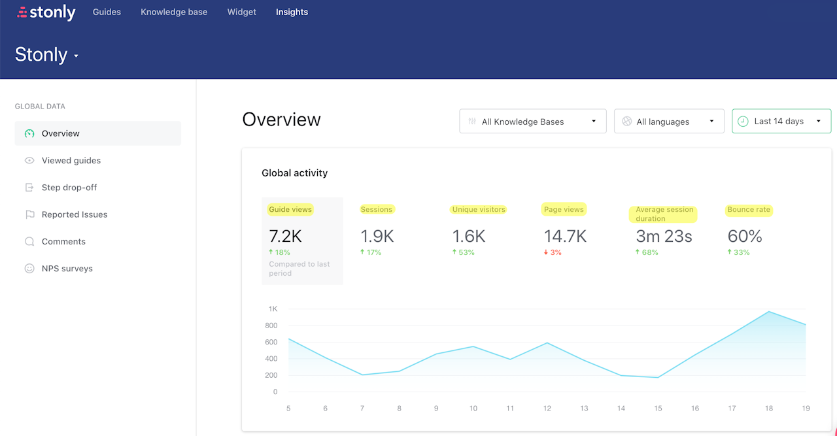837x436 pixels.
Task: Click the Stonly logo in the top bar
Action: (x=46, y=12)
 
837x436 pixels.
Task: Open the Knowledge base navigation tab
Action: (x=174, y=12)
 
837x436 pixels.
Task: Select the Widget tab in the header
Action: (x=241, y=12)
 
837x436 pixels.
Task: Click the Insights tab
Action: (x=292, y=12)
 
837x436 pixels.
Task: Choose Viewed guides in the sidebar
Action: (x=71, y=160)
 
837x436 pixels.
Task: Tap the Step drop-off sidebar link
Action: (x=69, y=188)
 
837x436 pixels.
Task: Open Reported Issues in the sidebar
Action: (x=74, y=214)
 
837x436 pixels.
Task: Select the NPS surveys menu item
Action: (x=67, y=269)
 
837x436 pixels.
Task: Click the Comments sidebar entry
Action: (x=63, y=241)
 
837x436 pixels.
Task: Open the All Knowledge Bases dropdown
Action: (x=532, y=122)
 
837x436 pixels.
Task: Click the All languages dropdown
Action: (x=668, y=122)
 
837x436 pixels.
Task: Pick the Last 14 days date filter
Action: (x=781, y=121)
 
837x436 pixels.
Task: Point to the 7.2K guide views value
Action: (x=285, y=236)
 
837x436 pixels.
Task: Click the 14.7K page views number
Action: (x=565, y=236)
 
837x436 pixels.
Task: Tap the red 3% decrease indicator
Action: (x=553, y=252)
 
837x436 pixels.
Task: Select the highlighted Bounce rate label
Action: (x=749, y=210)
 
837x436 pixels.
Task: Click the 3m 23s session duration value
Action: (x=664, y=236)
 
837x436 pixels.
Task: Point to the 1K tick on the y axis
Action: (x=273, y=309)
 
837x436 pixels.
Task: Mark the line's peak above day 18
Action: (x=770, y=312)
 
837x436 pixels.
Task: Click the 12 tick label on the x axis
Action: (x=547, y=409)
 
